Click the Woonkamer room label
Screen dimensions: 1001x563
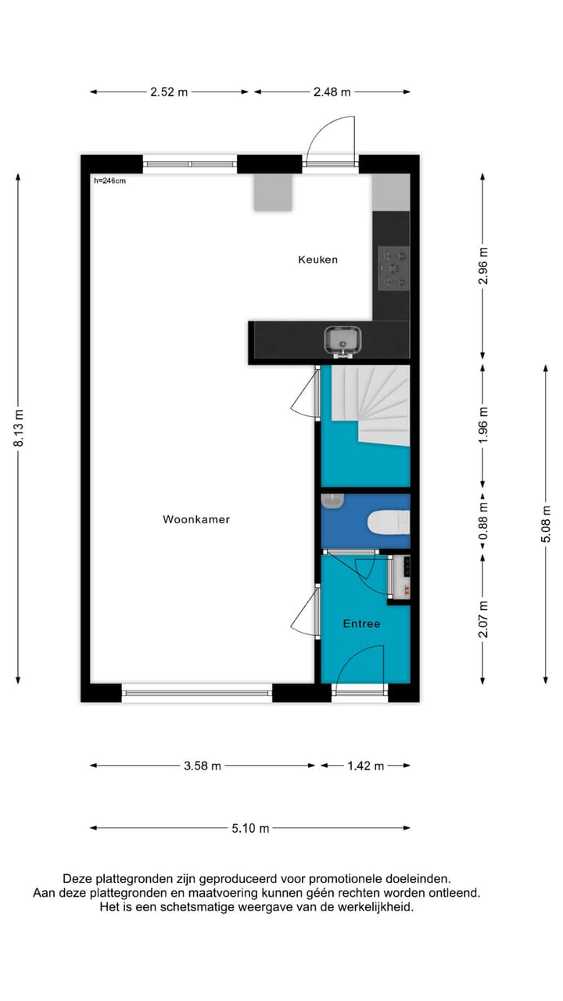point(196,519)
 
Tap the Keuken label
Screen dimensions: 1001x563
point(317,260)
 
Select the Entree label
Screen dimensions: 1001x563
point(361,623)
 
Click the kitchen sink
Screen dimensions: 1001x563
point(342,341)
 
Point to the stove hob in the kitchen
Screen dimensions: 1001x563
point(393,268)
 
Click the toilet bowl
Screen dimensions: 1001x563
point(389,521)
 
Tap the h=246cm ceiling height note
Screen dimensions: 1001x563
point(109,181)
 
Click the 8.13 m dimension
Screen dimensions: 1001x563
point(19,429)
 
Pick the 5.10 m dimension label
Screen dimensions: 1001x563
point(250,828)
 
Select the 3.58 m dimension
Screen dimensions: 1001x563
point(203,766)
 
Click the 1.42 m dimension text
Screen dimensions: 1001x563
point(365,766)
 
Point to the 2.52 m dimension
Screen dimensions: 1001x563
point(169,92)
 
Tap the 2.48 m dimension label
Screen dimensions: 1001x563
point(332,92)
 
